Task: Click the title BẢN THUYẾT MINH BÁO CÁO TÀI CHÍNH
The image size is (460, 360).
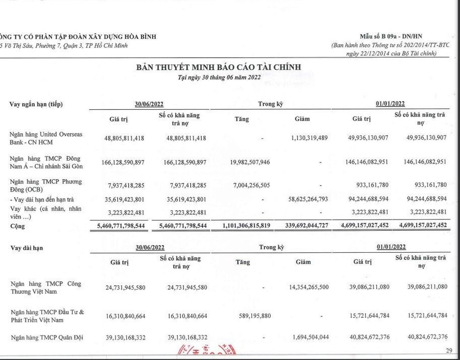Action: (x=218, y=67)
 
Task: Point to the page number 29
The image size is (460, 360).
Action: (x=449, y=350)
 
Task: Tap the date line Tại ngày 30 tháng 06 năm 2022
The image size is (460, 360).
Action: (x=219, y=77)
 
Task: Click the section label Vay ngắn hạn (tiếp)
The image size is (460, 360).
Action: (x=40, y=105)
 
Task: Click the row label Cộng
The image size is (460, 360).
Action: (x=18, y=225)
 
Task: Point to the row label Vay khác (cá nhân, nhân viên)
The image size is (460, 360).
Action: (x=45, y=211)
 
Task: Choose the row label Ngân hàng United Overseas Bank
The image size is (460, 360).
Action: (x=45, y=138)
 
